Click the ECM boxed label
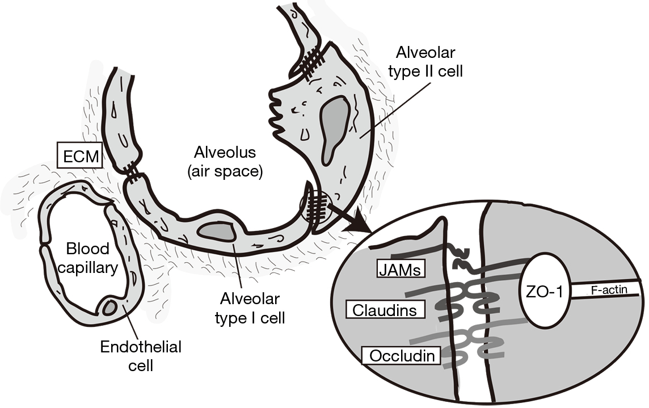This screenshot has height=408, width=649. click(79, 155)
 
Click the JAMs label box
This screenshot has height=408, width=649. click(402, 270)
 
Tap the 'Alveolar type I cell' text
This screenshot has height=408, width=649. click(250, 308)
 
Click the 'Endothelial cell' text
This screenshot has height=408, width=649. click(141, 356)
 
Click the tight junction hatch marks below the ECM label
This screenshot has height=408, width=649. click(129, 172)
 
